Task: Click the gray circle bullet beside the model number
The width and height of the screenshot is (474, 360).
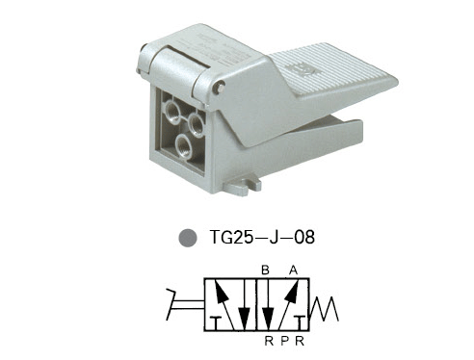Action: coord(188,238)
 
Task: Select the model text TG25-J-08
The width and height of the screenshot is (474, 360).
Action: coord(262,238)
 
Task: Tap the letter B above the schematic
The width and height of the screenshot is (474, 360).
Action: coord(265,270)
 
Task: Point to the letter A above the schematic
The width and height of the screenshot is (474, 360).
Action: coord(293,270)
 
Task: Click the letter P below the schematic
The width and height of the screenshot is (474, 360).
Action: coord(284,341)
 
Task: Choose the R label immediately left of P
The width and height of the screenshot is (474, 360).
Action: coord(269,341)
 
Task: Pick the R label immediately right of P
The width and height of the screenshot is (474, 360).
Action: coord(300,341)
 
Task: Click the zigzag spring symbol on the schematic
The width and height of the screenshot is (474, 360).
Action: coord(324,309)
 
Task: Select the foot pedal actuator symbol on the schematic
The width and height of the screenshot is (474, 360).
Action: coord(185,304)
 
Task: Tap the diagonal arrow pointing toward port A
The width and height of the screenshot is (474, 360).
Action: coord(287,304)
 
